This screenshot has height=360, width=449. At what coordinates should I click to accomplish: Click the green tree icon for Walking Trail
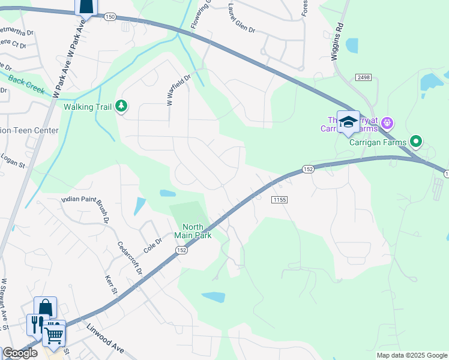point(122,106)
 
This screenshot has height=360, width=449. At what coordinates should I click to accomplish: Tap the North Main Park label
point(193,230)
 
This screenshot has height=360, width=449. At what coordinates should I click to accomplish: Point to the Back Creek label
point(26,81)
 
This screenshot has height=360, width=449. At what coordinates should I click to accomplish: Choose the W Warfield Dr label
point(178,89)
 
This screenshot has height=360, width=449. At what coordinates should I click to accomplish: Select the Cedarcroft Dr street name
point(129,259)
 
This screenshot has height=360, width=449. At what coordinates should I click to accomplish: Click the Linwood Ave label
point(104,338)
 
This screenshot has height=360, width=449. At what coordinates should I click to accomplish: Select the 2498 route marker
point(363,77)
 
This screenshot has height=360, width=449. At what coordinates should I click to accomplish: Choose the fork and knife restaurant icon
point(37,325)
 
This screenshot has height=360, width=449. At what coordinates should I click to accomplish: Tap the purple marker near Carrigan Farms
point(387,124)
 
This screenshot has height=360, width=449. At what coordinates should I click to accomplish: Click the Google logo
point(20,353)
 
